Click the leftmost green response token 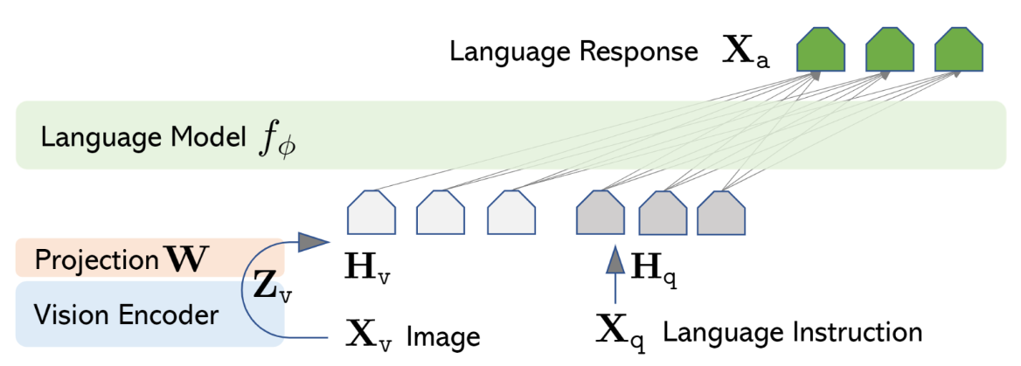[x=821, y=52]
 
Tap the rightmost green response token [x=958, y=52]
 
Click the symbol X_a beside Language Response [x=748, y=53]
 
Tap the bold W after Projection [x=191, y=259]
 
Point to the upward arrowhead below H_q [x=615, y=259]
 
